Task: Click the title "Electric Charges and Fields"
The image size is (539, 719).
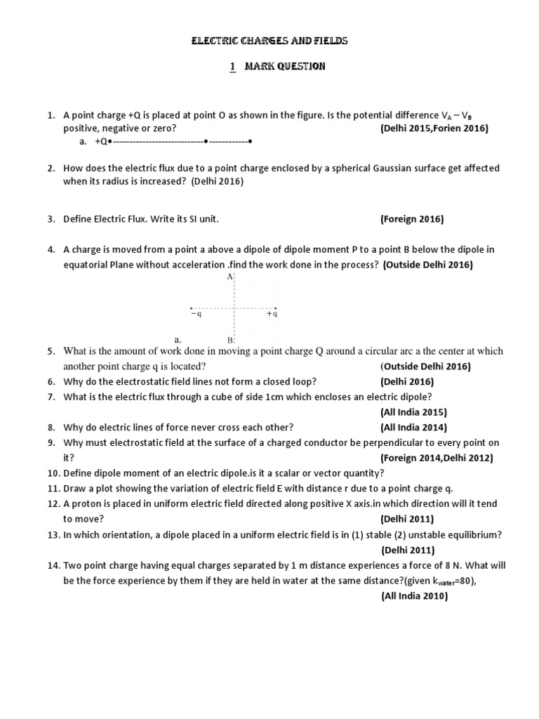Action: [269, 41]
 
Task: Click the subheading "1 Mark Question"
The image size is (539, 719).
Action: [277, 67]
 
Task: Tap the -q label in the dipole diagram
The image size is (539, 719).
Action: [197, 315]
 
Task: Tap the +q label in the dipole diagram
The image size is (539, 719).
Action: [272, 315]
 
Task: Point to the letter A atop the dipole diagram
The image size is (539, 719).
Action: [229, 277]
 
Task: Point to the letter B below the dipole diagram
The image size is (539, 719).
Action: [229, 340]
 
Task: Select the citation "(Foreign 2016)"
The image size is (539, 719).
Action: [412, 219]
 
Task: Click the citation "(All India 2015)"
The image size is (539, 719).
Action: [413, 412]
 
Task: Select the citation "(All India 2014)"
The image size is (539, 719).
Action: [413, 427]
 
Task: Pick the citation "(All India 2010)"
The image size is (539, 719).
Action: [414, 596]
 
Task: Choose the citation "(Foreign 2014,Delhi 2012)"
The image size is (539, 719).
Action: [437, 458]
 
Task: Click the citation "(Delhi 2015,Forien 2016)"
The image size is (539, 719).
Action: [434, 128]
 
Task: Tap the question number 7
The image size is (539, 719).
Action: [51, 397]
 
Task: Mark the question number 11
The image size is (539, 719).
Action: [53, 488]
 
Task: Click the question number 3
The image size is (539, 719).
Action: [51, 219]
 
